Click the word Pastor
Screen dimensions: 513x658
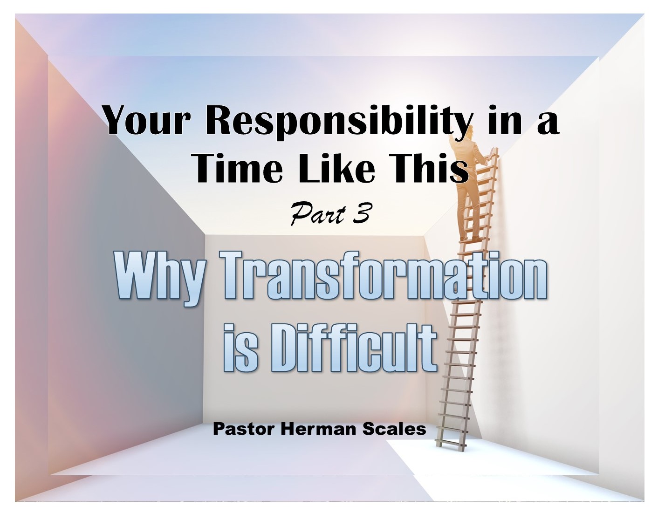pyautogui.click(x=243, y=429)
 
